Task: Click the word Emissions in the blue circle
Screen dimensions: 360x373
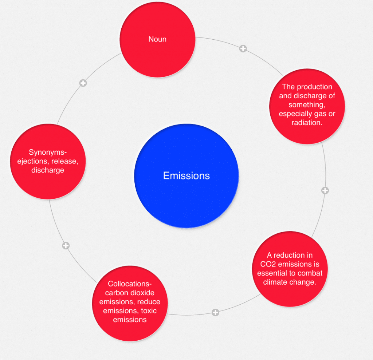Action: (x=186, y=176)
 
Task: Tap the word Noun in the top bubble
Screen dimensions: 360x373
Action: (x=157, y=39)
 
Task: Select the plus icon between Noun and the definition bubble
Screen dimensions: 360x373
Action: (x=243, y=48)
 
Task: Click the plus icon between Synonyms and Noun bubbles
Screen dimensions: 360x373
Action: (x=83, y=83)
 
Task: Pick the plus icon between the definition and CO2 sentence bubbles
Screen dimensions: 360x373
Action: (x=325, y=190)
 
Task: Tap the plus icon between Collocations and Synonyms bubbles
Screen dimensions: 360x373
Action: (x=66, y=246)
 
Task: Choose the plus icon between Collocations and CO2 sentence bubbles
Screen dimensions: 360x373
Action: (x=215, y=312)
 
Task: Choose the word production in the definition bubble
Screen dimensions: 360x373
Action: (x=314, y=87)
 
